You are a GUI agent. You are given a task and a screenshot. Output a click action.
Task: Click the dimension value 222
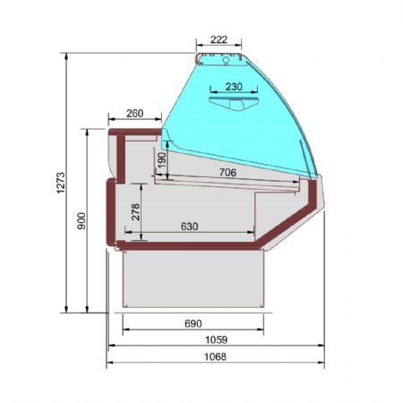coord(219,39)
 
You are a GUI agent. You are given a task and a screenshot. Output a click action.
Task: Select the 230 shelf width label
coord(234,87)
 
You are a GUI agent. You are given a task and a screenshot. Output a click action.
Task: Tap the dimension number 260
coord(135,114)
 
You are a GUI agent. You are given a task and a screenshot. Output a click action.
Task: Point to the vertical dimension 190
coord(161,160)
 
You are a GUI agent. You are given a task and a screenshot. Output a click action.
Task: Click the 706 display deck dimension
coord(227,172)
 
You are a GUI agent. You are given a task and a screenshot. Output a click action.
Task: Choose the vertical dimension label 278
coord(135,212)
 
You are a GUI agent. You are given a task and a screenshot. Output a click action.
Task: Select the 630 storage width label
coord(189,227)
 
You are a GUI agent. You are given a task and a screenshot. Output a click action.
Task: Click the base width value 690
coord(193,323)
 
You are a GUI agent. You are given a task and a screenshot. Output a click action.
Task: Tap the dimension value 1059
coord(217,339)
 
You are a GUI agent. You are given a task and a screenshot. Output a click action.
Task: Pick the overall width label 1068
coord(215,356)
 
